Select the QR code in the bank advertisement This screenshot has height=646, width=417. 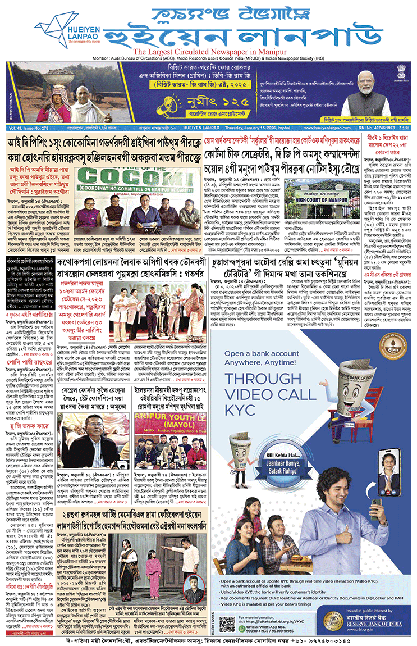pyautogui.click(x=227, y=622)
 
